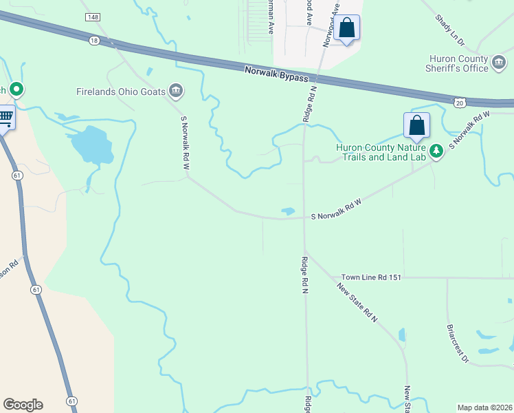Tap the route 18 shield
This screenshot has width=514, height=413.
94,41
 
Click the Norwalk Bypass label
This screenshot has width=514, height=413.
277,74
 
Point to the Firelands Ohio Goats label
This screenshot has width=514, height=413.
122,91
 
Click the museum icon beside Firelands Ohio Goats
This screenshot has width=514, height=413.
176,91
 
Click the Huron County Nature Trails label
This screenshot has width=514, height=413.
381,151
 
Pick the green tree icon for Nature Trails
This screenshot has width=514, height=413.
436,151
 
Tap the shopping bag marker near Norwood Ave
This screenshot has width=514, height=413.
347,29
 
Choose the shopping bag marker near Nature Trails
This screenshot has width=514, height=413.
416,126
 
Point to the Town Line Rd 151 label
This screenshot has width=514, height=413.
370,277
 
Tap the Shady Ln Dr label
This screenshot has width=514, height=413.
450,31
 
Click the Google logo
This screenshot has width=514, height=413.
23,405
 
